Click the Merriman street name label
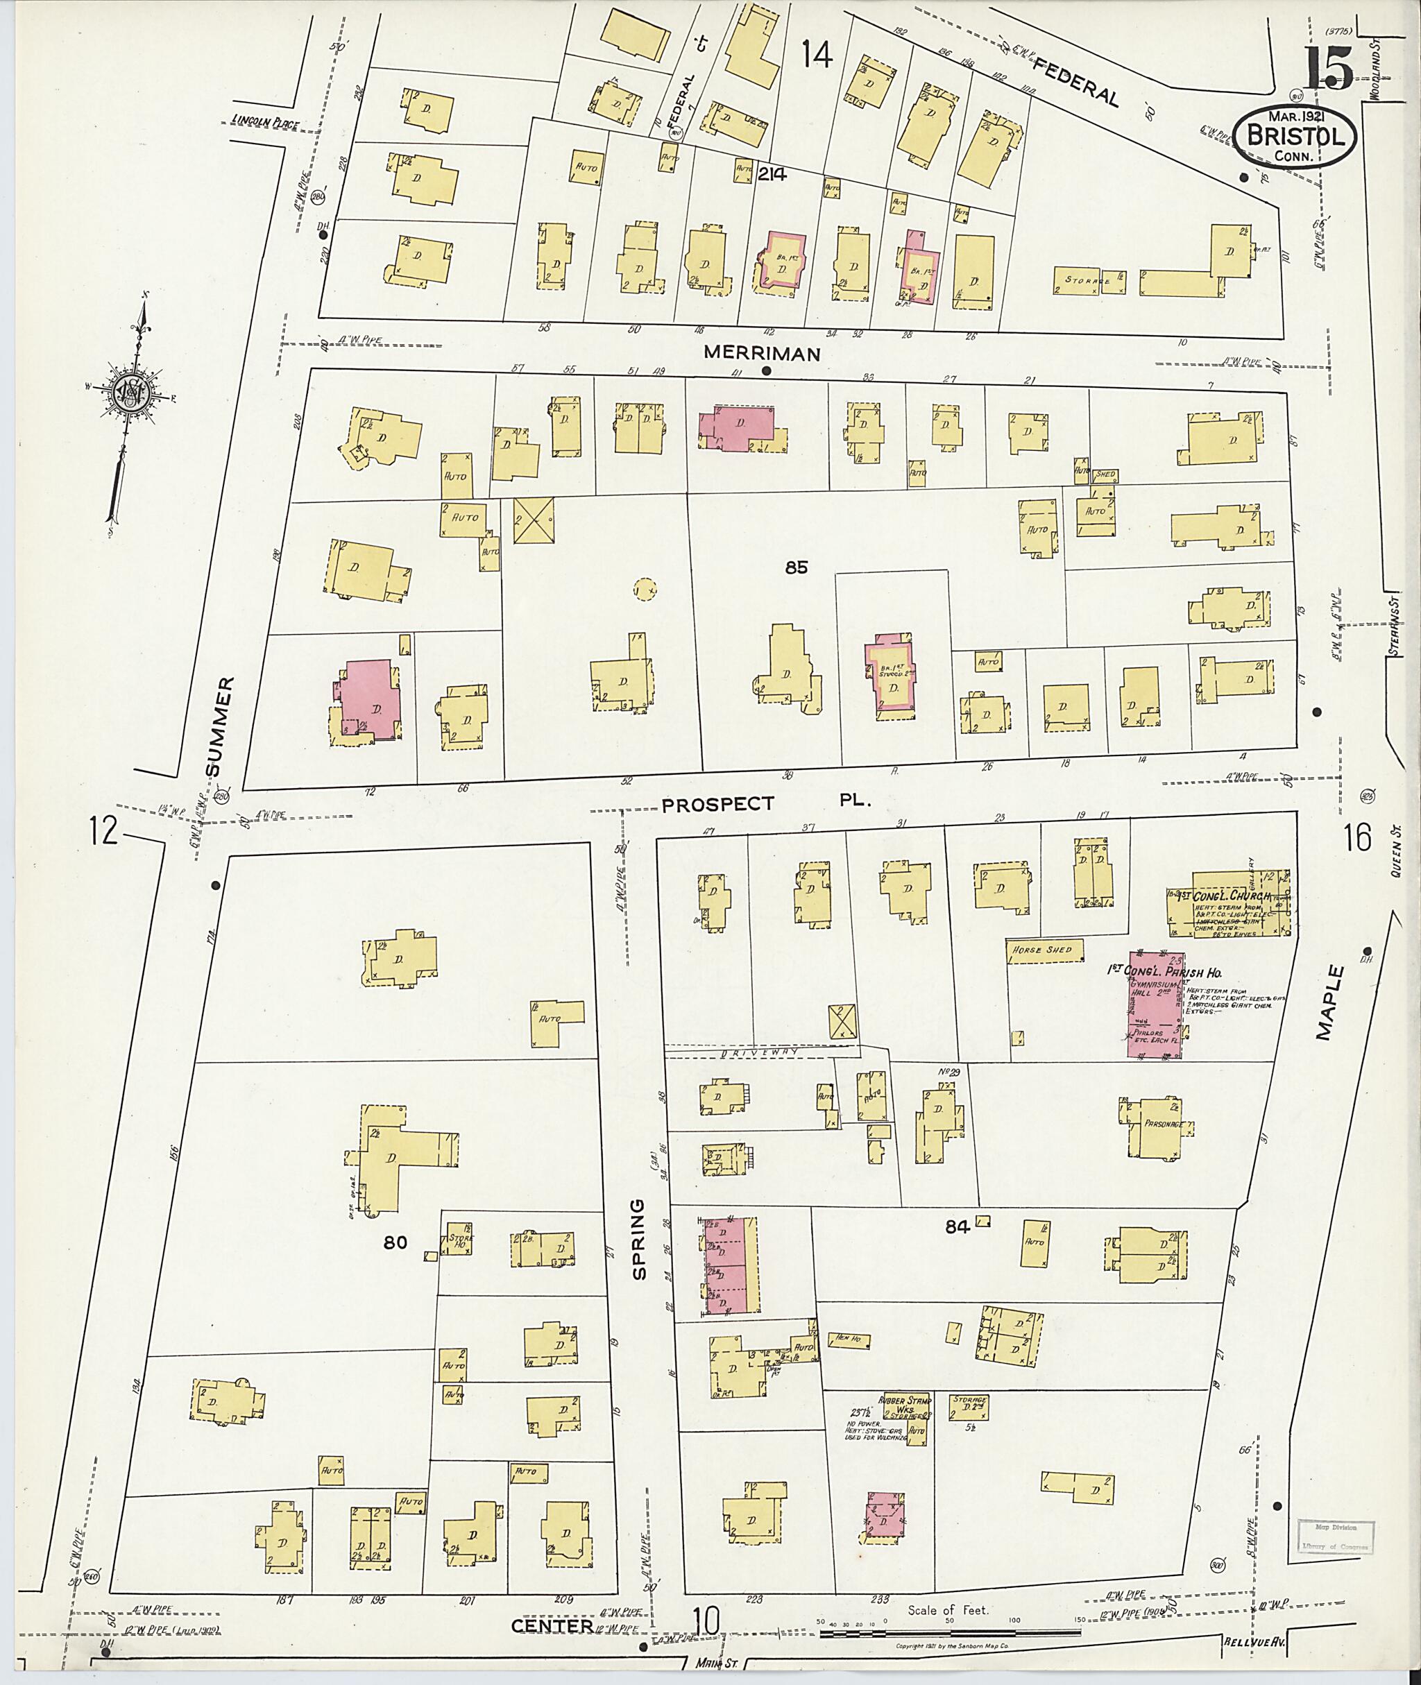[x=761, y=353]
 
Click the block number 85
[x=796, y=568]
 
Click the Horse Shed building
[x=1044, y=950]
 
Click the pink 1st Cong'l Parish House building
[x=1154, y=1007]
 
